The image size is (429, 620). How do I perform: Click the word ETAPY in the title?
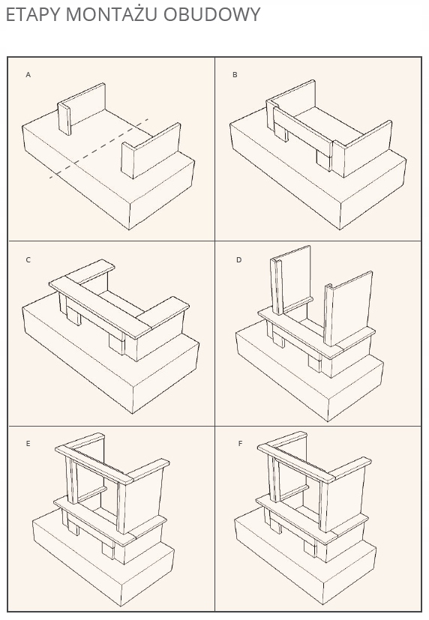33,15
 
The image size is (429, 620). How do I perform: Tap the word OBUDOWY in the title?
212,15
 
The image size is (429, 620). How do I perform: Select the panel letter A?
28,75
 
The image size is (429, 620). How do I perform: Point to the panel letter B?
235,75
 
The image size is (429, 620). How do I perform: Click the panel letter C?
28,260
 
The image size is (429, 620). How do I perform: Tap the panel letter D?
238,260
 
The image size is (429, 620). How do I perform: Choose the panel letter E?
28,444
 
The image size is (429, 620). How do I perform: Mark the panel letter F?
240,444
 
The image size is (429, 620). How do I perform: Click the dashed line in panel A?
99,148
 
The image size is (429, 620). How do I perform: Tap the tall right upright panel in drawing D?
349,307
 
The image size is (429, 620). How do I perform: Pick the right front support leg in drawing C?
117,344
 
